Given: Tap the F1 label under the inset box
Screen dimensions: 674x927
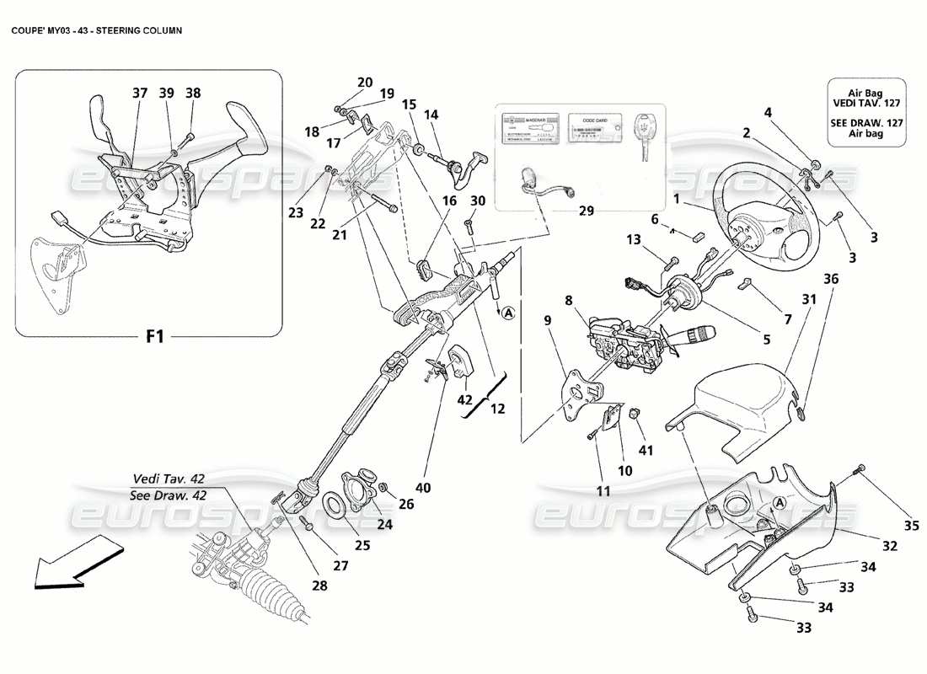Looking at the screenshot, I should tap(154, 337).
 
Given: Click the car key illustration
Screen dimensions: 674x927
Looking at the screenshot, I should tap(645, 136).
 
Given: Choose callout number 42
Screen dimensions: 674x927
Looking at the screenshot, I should tap(463, 400).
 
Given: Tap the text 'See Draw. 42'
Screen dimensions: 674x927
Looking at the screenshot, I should tap(166, 495).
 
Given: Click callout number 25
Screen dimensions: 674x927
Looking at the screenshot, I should tap(362, 545).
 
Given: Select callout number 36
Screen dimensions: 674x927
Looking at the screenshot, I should tap(831, 279).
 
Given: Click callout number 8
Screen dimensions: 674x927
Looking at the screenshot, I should tap(569, 299).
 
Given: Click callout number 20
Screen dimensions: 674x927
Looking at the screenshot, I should tap(364, 82).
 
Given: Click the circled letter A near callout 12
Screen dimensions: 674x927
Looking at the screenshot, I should tap(508, 313).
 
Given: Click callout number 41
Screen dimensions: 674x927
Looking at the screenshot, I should tap(647, 450).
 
